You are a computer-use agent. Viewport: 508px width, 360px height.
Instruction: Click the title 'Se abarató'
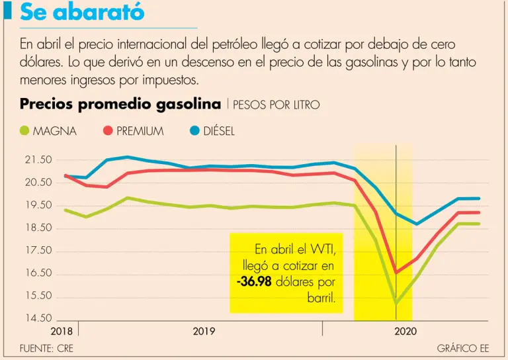tap(82, 13)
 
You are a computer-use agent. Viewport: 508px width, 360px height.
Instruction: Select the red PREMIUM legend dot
tap(107, 131)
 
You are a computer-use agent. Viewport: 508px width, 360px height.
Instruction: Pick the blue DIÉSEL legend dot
tap(194, 131)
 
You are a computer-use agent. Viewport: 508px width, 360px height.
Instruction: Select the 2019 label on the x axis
tap(204, 331)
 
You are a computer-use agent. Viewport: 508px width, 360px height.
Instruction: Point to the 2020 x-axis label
tap(405, 331)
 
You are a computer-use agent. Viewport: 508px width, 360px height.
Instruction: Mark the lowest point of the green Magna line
tap(396, 302)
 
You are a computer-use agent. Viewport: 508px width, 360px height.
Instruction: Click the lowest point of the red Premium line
tap(396, 272)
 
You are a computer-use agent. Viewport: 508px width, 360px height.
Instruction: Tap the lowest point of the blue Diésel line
tap(417, 224)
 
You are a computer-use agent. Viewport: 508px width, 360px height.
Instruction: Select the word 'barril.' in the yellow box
tap(321, 297)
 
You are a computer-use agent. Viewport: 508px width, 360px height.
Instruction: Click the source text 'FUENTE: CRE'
tap(47, 348)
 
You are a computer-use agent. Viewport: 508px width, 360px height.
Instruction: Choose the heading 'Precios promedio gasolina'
tap(120, 104)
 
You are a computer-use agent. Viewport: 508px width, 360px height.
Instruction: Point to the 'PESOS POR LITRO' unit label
tap(276, 105)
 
